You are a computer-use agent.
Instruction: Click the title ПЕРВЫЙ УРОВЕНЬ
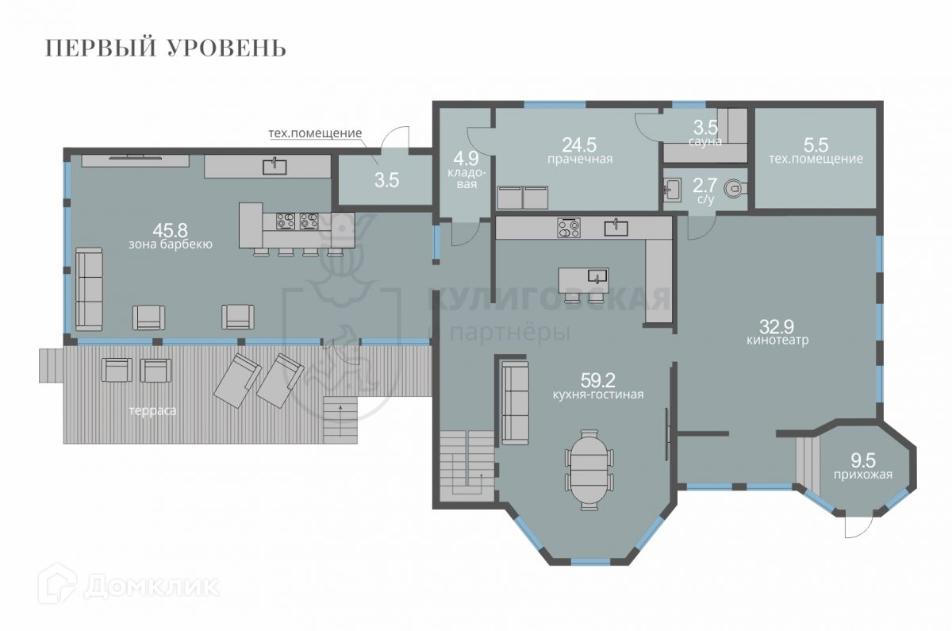tap(165, 48)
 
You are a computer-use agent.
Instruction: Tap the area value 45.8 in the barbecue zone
tap(170, 230)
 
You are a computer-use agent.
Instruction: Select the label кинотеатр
tap(777, 341)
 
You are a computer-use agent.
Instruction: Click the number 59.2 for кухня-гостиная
tap(598, 379)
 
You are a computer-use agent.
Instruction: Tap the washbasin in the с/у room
tap(673, 190)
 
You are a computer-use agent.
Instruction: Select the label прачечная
tap(580, 159)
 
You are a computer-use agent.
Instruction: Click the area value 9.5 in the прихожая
tap(863, 460)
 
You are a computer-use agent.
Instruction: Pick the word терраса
tap(152, 411)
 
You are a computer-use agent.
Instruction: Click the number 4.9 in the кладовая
tap(466, 159)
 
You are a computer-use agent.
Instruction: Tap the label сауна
tap(705, 141)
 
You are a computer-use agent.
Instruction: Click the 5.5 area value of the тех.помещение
tap(816, 145)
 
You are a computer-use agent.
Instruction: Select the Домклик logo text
tap(152, 587)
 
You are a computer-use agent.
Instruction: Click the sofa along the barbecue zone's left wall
tap(89, 289)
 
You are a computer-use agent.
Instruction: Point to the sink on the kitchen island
tap(598, 276)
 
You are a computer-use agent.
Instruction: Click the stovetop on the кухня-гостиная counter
tap(569, 228)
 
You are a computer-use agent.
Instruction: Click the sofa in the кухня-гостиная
tap(515, 403)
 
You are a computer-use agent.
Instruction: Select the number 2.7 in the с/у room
tap(705, 186)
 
